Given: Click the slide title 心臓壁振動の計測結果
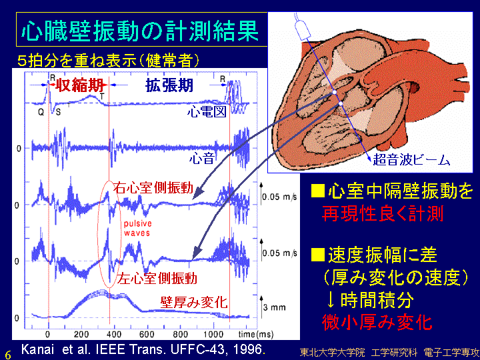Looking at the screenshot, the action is (141, 31).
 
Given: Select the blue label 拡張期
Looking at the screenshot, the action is (169, 85).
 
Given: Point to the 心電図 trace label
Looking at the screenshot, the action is (207, 111).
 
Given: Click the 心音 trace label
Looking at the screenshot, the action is (202, 158).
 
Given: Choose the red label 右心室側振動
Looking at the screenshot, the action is (153, 187).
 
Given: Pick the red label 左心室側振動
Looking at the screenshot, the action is (157, 278).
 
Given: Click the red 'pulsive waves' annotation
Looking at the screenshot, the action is (137, 228).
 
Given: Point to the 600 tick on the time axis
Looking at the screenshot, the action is (147, 334).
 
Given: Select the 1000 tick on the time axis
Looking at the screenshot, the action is (213, 334).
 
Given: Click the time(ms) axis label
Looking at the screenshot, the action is (255, 334).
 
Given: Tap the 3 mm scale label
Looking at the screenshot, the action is (274, 307).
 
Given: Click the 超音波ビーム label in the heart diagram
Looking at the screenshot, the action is (411, 160).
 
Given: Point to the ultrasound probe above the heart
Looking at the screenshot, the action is (303, 29).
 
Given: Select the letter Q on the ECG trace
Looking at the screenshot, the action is (41, 113).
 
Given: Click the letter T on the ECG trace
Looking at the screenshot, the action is (102, 97).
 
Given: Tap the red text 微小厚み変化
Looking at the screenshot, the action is (377, 322).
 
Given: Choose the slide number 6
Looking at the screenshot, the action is (8, 355).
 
